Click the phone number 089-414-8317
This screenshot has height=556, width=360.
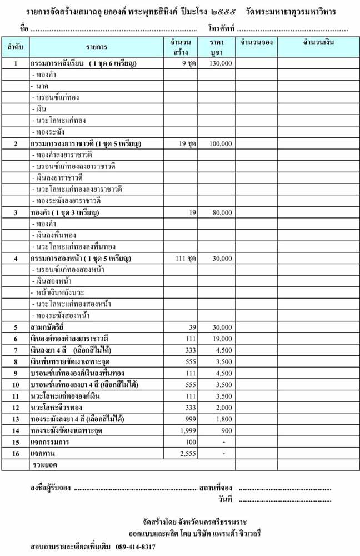[136, 547]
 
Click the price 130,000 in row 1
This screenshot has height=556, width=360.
[221, 64]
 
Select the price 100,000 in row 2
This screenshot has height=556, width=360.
[221, 144]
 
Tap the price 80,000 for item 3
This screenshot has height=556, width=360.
[222, 212]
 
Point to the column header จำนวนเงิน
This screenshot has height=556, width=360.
[318, 42]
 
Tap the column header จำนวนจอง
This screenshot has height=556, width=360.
[257, 42]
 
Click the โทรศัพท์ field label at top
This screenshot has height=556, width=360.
[221, 28]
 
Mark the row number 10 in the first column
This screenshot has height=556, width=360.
[16, 385]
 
